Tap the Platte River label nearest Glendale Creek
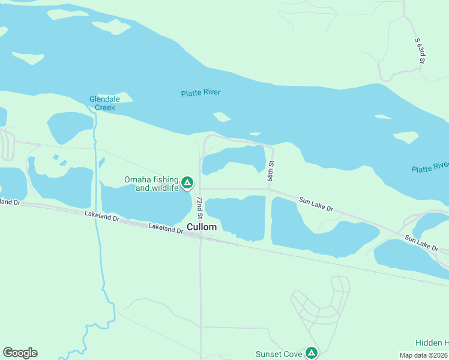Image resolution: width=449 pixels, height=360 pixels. click(x=200, y=93)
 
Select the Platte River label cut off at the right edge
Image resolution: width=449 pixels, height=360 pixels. click(x=430, y=167)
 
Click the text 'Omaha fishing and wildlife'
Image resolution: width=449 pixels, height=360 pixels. click(x=151, y=184)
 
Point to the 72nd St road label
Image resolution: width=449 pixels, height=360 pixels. click(x=200, y=207)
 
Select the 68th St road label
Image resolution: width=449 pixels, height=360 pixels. click(x=271, y=172)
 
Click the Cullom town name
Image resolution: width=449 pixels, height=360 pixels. click(x=202, y=227)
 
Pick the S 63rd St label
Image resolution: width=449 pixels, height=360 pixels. click(x=421, y=51)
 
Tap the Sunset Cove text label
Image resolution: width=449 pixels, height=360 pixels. click(x=279, y=354)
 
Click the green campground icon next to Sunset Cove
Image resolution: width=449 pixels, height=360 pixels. click(x=311, y=353)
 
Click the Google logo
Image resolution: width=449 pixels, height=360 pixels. click(x=20, y=353)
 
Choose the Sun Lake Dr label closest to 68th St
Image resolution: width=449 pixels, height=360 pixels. click(x=316, y=205)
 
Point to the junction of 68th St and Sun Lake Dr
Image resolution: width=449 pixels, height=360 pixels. click(x=270, y=190)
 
